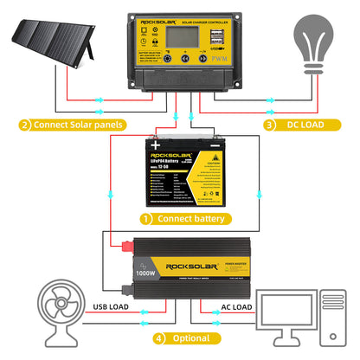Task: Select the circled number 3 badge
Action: [x=269, y=125]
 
